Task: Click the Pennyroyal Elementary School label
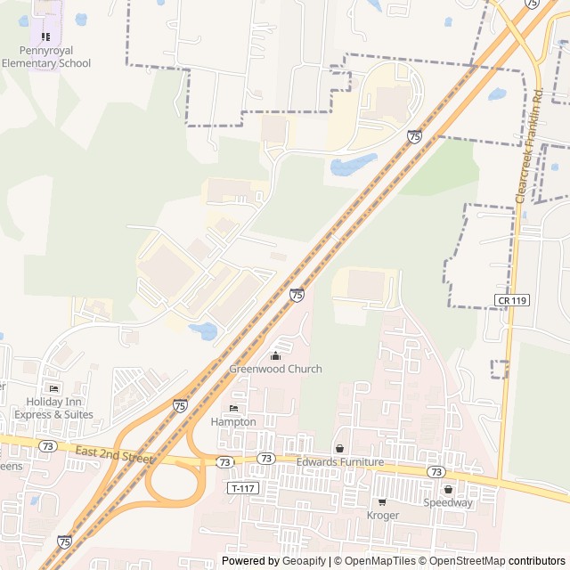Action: click(45, 57)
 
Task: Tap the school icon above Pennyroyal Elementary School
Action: click(45, 37)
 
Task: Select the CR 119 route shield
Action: click(513, 300)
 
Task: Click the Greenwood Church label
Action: click(275, 369)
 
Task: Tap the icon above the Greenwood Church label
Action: click(275, 356)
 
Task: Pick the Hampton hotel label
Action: click(233, 421)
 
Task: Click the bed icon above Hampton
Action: click(233, 409)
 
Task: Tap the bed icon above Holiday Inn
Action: click(53, 389)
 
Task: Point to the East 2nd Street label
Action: click(115, 454)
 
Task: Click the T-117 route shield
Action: click(241, 488)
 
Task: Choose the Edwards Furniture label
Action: click(339, 462)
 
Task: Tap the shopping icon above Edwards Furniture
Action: click(339, 449)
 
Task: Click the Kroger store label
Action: click(383, 515)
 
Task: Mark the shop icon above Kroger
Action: click(382, 502)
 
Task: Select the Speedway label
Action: click(448, 502)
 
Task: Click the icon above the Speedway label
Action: click(448, 489)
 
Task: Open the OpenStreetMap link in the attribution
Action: click(467, 561)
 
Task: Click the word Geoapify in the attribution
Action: click(305, 561)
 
